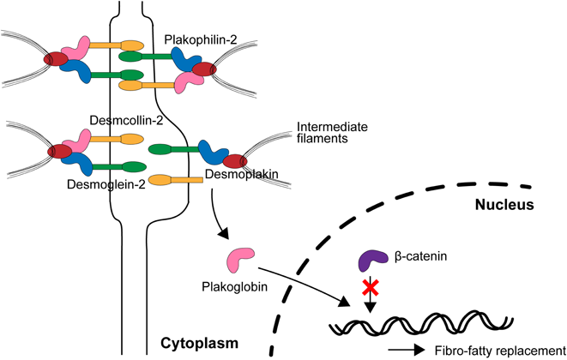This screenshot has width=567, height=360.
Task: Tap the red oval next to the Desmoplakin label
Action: coord(235,159)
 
